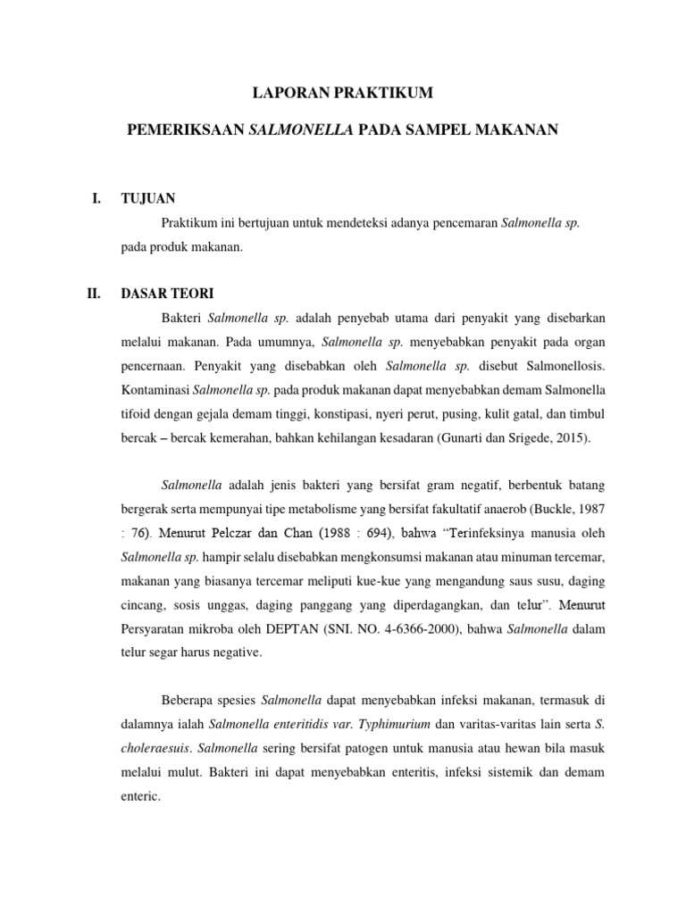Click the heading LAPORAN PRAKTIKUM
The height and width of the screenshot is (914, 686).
[342, 91]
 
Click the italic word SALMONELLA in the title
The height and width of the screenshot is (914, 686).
[301, 130]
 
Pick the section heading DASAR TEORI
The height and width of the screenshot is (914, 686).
[167, 292]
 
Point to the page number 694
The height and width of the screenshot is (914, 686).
[366, 534]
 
